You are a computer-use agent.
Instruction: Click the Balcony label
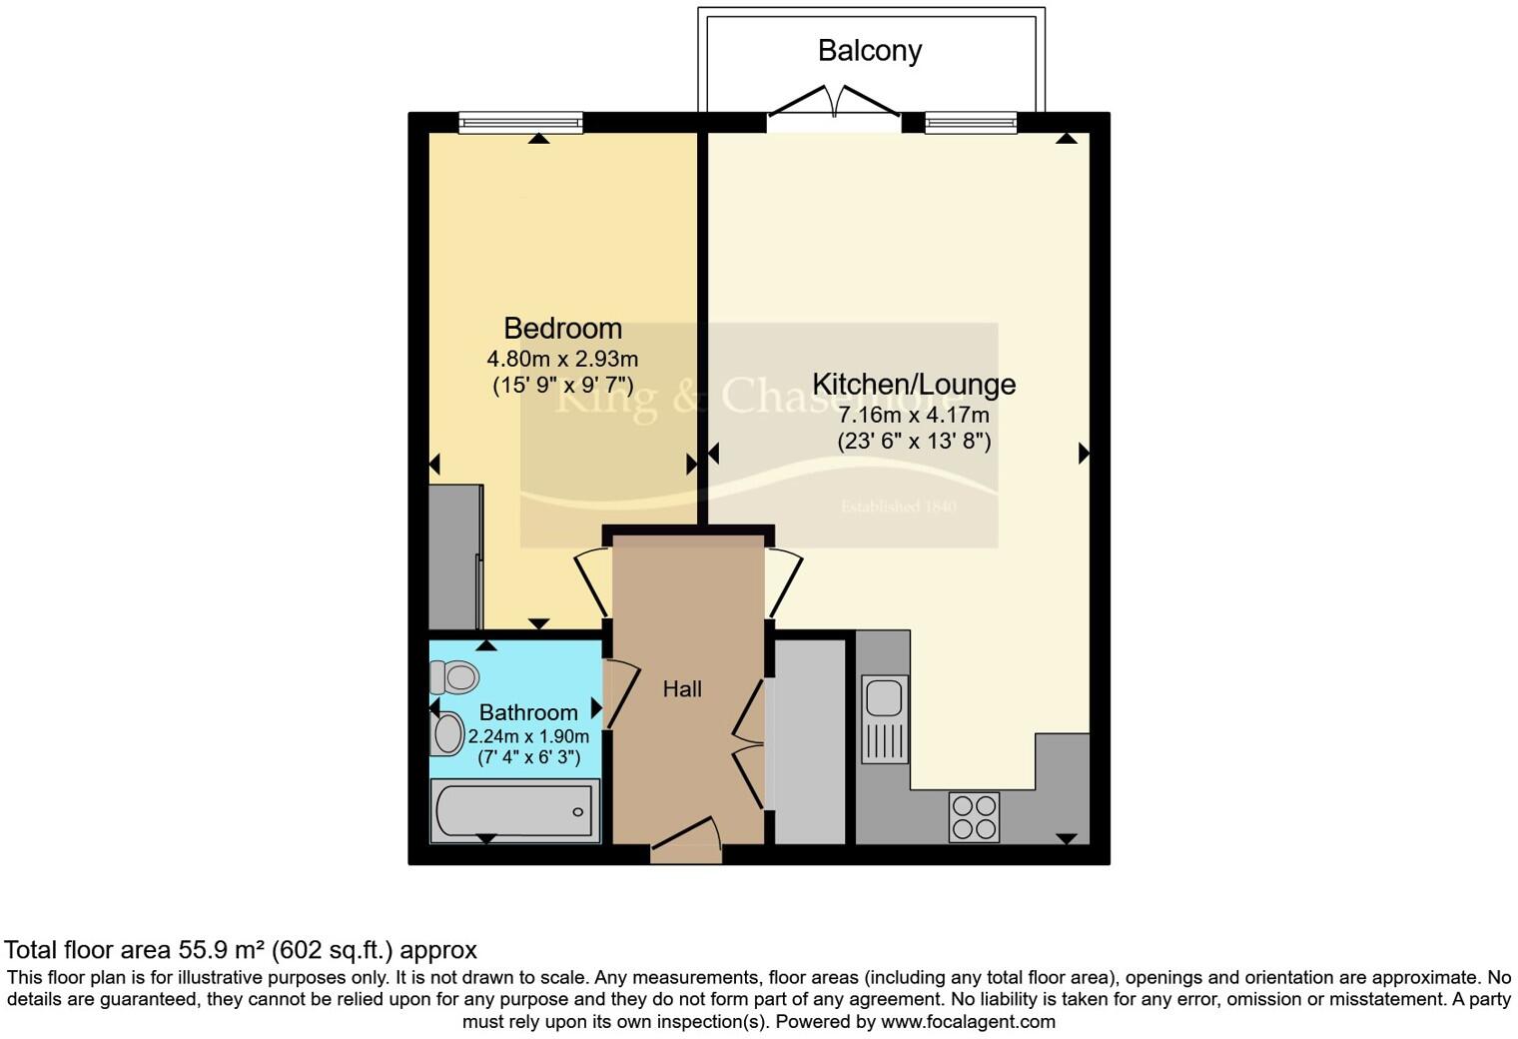click(x=869, y=51)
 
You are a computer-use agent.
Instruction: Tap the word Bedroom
click(x=562, y=328)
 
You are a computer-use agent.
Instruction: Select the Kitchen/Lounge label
click(x=914, y=384)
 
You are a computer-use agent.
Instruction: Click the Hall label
click(x=682, y=689)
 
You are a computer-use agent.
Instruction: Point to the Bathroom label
click(x=528, y=712)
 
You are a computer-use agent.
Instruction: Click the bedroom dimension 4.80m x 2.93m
click(x=562, y=359)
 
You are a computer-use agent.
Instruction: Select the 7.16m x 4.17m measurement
click(x=914, y=415)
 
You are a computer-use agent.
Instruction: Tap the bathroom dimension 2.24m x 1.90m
click(x=528, y=736)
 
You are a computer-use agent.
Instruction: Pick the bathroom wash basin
click(x=447, y=733)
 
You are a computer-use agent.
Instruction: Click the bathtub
click(x=514, y=810)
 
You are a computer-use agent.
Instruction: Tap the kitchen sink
click(x=885, y=718)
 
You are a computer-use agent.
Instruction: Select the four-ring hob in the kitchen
click(x=974, y=816)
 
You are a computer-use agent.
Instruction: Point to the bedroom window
click(x=520, y=123)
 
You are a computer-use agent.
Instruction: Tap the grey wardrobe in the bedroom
click(x=455, y=556)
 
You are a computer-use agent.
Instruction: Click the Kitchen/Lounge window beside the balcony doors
click(x=971, y=123)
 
